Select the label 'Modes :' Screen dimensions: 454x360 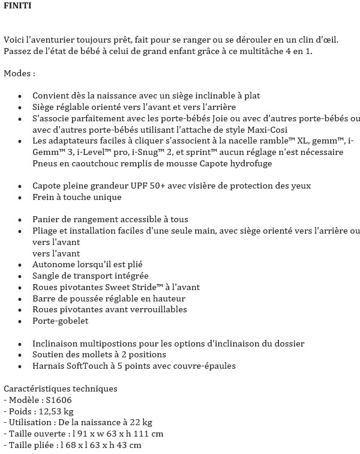pos(19,73)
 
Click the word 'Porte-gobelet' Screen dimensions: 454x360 pos(61,321)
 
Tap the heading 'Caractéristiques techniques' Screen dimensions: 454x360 pos(61,389)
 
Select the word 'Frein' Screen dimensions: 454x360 pos(44,197)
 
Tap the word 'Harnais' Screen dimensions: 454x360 pos(50,366)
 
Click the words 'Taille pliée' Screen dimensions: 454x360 pos(32,445)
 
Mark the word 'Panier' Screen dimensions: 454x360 pos(46,220)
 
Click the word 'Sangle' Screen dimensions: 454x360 pos(46,276)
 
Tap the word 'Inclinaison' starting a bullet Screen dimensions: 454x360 pos(58,344)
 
